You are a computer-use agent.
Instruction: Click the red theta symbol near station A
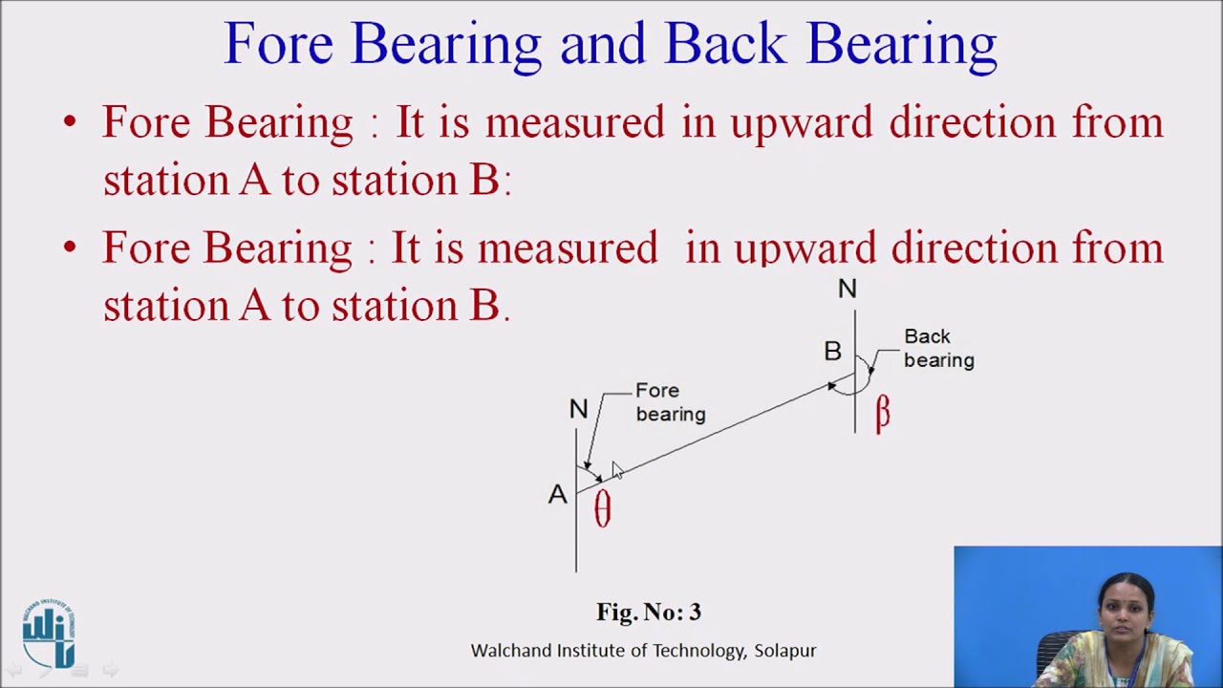[602, 508]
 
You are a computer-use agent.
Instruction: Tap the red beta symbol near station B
[882, 413]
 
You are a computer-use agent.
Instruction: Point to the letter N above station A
[578, 409]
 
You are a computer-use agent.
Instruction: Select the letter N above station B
[847, 289]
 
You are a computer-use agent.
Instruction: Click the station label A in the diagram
[557, 494]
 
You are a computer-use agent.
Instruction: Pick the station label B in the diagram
[832, 352]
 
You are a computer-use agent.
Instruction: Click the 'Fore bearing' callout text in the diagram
[670, 402]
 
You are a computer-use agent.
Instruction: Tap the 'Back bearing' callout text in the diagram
[938, 348]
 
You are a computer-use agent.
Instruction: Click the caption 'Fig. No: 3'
[648, 612]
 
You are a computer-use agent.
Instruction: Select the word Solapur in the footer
[784, 651]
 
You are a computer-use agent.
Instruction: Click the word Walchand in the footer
[510, 651]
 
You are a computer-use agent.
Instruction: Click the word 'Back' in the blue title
[725, 43]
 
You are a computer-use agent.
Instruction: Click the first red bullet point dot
[69, 122]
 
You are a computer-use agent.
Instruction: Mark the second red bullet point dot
[69, 247]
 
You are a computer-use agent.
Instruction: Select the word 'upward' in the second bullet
[805, 248]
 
